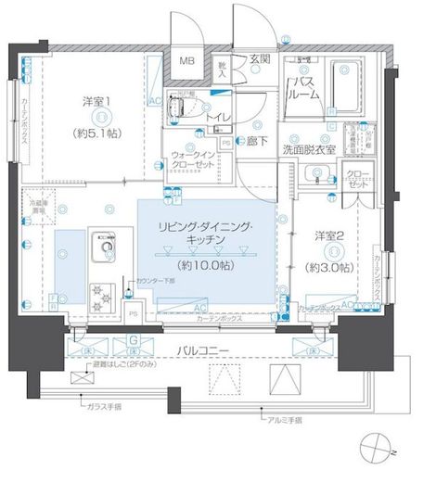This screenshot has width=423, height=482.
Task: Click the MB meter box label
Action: point(187,61)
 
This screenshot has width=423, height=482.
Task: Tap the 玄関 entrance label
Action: point(260,58)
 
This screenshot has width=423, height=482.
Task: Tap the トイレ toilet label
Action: point(219,118)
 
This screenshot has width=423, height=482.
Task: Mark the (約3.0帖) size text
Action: point(330,267)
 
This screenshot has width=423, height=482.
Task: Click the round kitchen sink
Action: point(103,247)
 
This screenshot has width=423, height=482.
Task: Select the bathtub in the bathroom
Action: point(349,85)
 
